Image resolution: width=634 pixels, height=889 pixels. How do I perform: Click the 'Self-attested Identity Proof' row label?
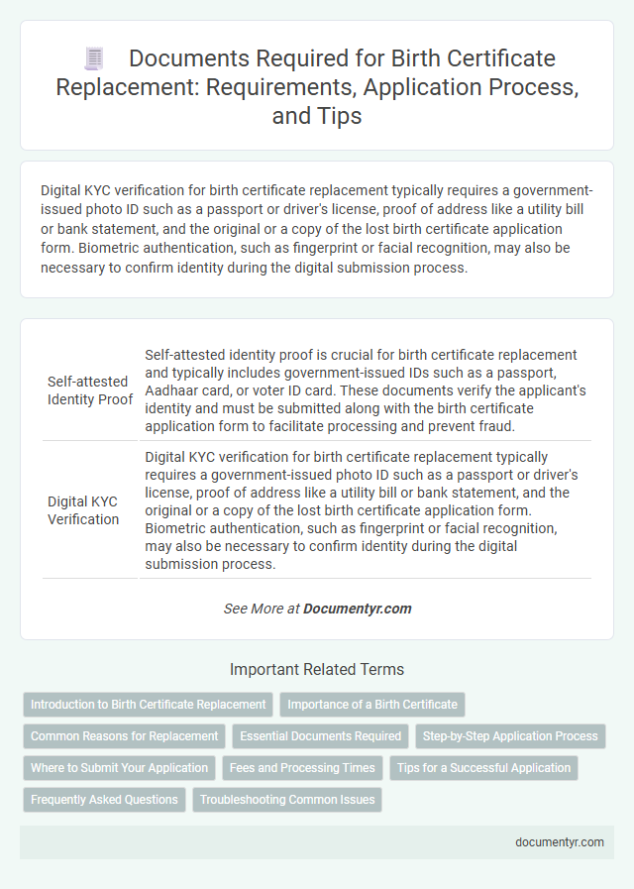(90, 390)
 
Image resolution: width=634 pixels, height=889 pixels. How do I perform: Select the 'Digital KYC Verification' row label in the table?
(83, 510)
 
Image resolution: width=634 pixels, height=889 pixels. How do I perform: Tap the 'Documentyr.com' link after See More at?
(358, 609)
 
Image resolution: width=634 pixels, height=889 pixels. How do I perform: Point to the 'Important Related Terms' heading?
(317, 669)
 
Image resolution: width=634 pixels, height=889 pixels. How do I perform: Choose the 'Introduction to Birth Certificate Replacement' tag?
(149, 705)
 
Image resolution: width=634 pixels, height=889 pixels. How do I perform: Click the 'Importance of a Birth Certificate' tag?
(372, 705)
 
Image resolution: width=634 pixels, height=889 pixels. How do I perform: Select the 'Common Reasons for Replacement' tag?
(125, 736)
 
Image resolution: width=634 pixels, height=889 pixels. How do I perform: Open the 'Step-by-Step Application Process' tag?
(510, 736)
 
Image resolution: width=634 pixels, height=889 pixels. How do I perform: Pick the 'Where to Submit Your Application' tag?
(120, 768)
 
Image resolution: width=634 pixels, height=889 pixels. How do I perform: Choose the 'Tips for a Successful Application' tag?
(483, 768)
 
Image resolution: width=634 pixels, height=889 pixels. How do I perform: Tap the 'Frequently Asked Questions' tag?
(104, 799)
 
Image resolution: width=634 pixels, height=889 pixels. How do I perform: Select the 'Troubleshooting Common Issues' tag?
(287, 799)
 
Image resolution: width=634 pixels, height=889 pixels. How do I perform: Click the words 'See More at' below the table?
(262, 609)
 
